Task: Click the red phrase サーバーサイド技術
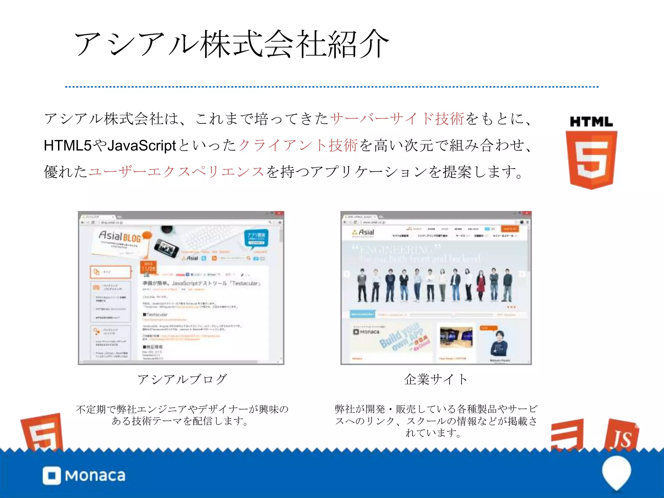397,119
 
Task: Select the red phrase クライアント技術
298,145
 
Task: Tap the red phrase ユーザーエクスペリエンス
176,172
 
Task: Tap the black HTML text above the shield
591,122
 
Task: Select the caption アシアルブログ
182,379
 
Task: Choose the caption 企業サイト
435,379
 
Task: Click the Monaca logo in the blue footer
84,476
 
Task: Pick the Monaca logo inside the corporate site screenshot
366,332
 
